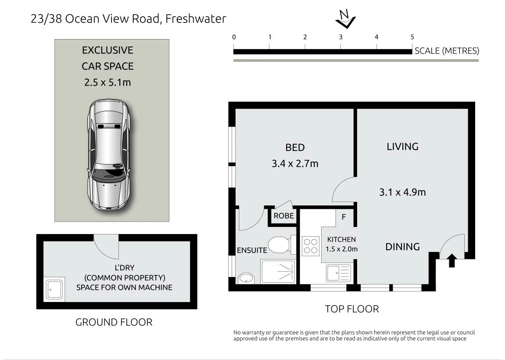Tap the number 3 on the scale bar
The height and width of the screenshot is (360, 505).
[341, 37]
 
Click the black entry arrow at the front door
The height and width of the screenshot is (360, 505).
[452, 260]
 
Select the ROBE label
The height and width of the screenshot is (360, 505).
[284, 216]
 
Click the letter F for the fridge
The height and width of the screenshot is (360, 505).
[344, 217]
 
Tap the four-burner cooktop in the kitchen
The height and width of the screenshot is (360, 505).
[311, 246]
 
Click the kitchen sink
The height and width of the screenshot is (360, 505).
[338, 274]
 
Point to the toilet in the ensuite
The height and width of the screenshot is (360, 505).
[282, 245]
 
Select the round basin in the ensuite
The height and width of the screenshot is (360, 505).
[247, 278]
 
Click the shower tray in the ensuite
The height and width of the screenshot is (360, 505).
[278, 272]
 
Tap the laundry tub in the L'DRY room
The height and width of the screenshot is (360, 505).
[55, 289]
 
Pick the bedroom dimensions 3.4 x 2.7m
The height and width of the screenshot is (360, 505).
[295, 164]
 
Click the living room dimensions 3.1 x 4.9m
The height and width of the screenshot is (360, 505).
[403, 192]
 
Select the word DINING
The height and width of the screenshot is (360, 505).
[403, 247]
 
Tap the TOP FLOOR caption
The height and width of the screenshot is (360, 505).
[352, 309]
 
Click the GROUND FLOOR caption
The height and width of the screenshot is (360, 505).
[114, 322]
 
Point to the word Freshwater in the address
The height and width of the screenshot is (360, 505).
[196, 19]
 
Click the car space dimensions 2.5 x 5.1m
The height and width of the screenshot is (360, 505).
[107, 83]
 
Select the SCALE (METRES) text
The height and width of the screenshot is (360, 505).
[447, 51]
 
